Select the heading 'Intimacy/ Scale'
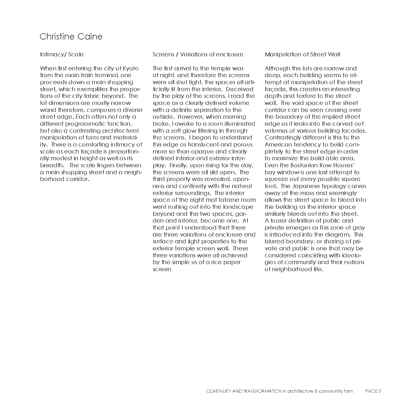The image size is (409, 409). [62, 55]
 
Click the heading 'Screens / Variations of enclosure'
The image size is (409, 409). [198, 55]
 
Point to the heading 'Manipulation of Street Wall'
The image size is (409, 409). [302, 55]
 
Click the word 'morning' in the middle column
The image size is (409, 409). [235, 117]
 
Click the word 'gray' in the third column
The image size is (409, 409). [359, 228]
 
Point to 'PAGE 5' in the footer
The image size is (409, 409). [373, 391]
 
